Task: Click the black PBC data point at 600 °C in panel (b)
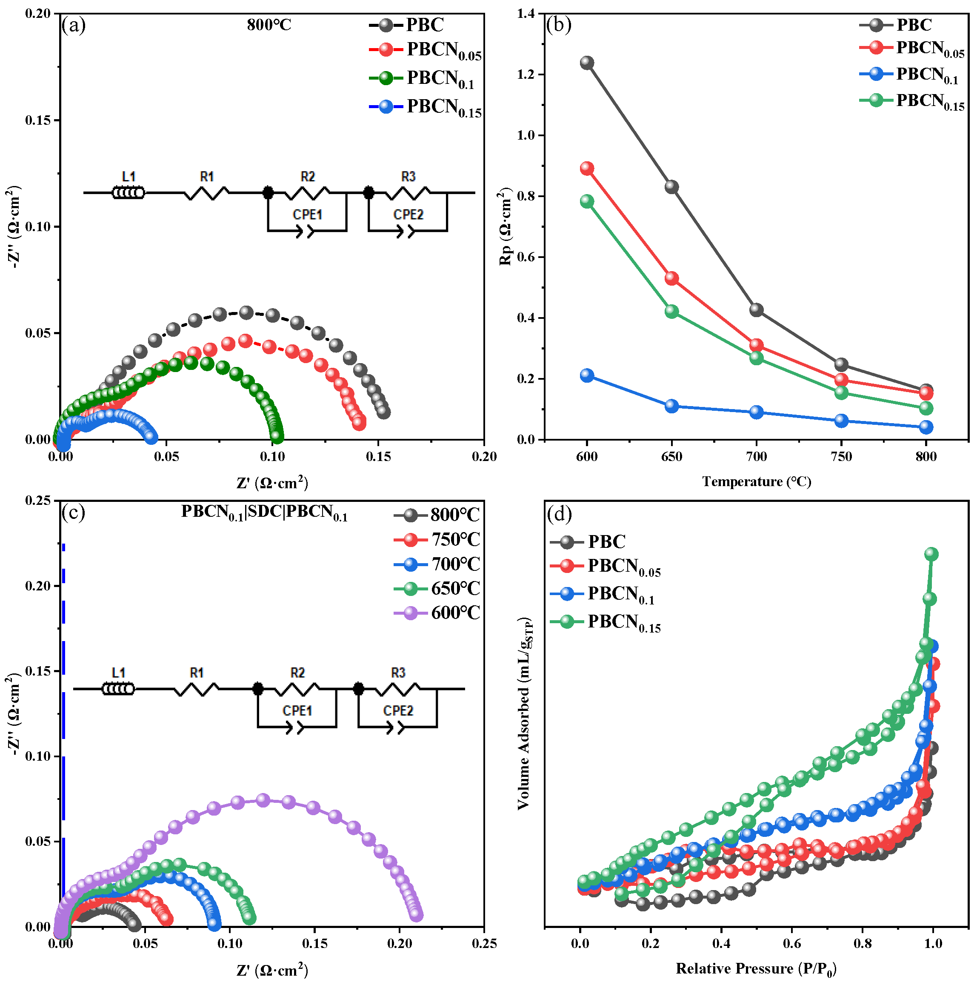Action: tap(587, 63)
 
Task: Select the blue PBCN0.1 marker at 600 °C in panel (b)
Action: tap(587, 375)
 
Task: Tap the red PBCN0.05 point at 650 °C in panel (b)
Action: tap(672, 278)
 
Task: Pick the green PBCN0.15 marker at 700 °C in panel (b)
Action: tap(757, 358)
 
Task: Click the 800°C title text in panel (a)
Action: tap(269, 25)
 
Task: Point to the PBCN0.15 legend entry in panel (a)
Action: tap(444, 107)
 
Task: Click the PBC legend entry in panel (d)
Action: tap(606, 541)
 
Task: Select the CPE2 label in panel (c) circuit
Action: tap(398, 711)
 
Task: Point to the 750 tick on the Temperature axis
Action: tap(841, 457)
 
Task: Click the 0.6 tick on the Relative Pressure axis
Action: tap(792, 943)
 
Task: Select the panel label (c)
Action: tap(73, 512)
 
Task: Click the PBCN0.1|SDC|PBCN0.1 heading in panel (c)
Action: tap(264, 512)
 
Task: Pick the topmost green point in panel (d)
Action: tap(931, 554)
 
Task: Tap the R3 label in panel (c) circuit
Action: tap(398, 673)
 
